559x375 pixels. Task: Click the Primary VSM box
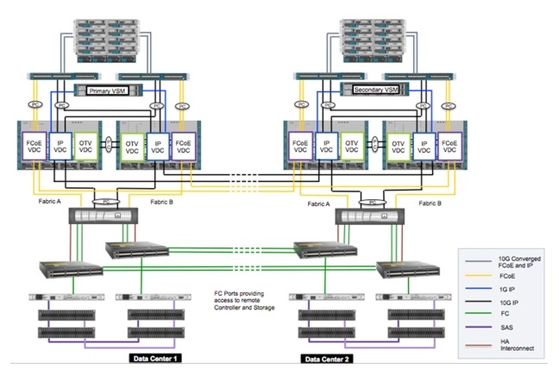pyautogui.click(x=108, y=90)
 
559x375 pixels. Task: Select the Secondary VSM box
pyautogui.click(x=375, y=89)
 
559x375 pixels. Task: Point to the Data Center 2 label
pyautogui.click(x=330, y=356)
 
